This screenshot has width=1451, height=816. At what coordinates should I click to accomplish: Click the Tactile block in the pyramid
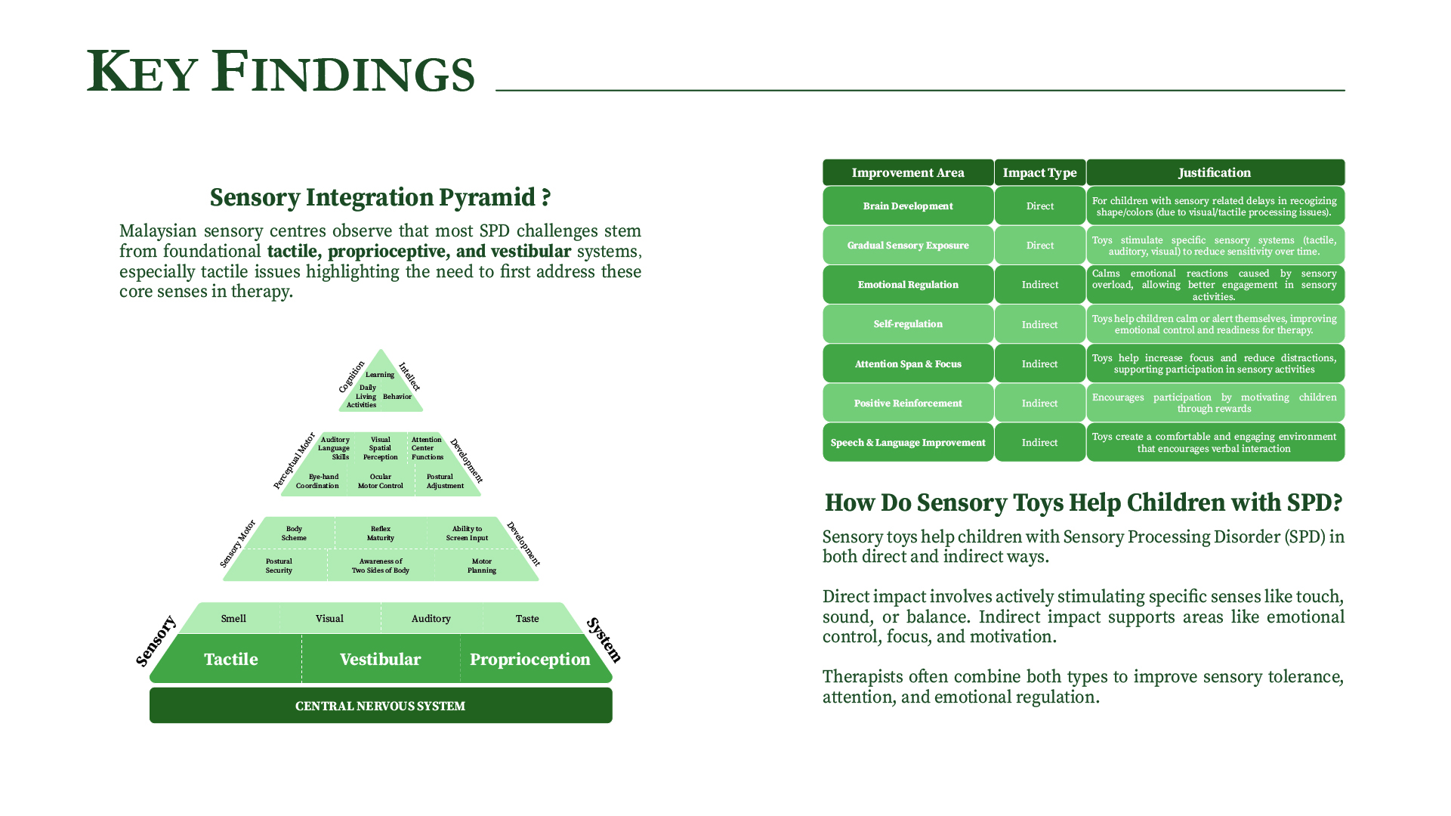(230, 659)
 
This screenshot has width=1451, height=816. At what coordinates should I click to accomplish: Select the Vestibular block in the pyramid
(381, 659)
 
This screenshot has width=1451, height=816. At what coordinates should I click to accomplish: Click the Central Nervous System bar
(381, 706)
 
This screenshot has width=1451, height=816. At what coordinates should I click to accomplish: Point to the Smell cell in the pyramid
(233, 618)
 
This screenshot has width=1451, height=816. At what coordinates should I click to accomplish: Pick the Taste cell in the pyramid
(527, 618)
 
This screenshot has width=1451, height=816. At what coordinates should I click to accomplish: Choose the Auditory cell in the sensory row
(431, 618)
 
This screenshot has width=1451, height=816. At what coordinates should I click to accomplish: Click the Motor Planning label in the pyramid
(482, 566)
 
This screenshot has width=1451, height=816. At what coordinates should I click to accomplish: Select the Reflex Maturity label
(381, 533)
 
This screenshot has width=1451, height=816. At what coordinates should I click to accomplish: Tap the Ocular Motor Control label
(381, 481)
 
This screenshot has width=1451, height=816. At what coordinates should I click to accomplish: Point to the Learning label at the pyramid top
(380, 375)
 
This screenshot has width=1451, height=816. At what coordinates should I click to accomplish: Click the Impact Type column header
(1040, 172)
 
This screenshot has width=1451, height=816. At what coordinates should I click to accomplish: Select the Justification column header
(1215, 172)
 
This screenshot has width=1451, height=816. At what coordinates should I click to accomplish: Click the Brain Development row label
(908, 206)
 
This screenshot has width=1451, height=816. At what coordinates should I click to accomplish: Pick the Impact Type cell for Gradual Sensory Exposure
(1040, 245)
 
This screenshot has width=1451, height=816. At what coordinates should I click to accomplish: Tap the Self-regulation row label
(908, 324)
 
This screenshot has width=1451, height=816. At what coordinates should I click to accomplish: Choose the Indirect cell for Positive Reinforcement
(1040, 403)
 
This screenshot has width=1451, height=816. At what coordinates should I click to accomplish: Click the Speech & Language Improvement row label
(908, 442)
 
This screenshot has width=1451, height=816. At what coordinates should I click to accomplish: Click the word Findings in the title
(343, 72)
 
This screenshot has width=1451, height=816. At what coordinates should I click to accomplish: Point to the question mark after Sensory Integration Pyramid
(546, 198)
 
